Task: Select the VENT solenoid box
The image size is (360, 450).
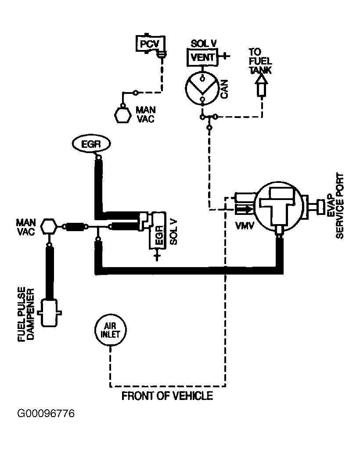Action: pos(202,57)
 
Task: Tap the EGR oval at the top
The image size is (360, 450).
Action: pos(91,144)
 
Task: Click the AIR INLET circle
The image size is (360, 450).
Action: pos(110,330)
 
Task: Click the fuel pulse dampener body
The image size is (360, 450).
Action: pos(50,313)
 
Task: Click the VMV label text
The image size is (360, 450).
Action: pos(245,226)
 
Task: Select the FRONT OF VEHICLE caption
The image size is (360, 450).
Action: pos(167,396)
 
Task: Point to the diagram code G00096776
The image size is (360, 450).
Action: pos(46,414)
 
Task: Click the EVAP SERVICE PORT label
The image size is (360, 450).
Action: pos(335,206)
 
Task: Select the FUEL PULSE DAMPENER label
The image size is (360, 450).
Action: pos(26,314)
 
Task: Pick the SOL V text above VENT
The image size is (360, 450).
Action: pos(203,43)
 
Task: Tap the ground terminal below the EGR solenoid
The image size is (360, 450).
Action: pos(157,254)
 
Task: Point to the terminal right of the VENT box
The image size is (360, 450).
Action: pos(224,56)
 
